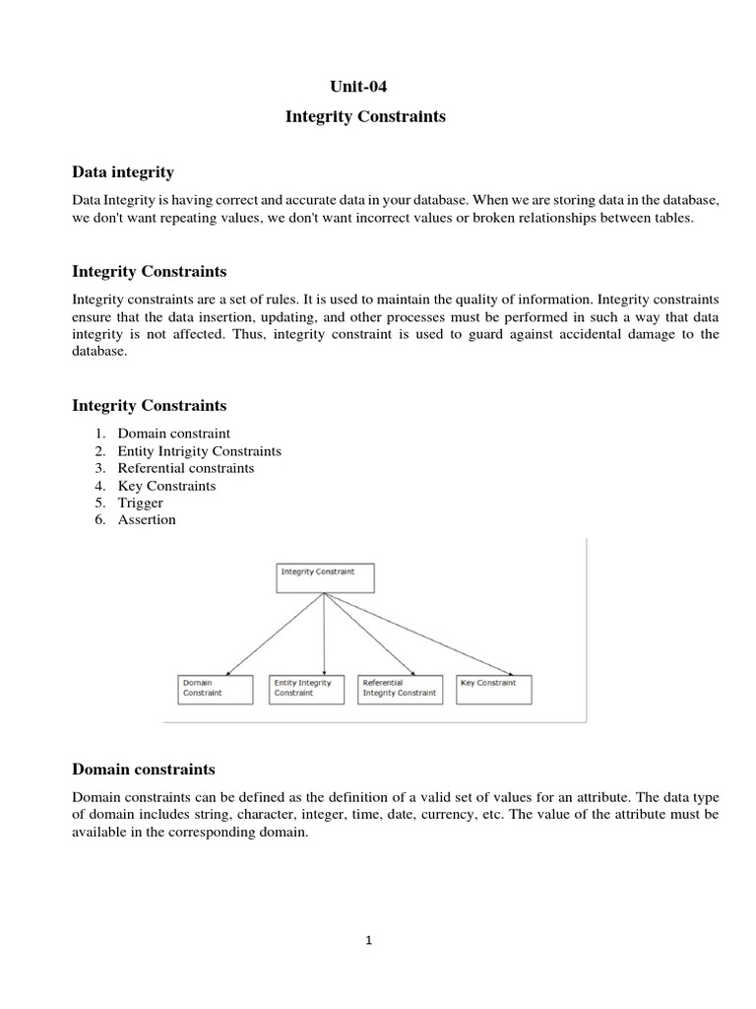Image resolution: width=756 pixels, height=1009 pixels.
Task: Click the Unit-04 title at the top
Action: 365,86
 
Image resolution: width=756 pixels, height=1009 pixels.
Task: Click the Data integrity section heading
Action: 123,172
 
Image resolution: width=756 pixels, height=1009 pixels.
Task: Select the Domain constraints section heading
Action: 144,769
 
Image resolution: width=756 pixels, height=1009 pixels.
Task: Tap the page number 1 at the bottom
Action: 368,940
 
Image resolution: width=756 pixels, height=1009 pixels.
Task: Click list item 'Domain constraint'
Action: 173,433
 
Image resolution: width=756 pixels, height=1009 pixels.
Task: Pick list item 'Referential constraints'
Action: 186,468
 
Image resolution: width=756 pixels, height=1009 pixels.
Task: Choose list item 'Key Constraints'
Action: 166,486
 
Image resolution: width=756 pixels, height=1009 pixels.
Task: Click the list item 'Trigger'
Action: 141,503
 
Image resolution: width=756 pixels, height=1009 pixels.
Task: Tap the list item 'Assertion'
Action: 147,520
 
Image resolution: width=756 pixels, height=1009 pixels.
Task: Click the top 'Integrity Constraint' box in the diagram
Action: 325,577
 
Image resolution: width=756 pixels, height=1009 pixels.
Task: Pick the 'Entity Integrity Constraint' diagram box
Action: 306,688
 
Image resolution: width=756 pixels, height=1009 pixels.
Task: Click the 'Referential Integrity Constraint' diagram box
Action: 399,688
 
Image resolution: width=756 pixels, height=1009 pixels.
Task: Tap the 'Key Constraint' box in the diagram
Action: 494,688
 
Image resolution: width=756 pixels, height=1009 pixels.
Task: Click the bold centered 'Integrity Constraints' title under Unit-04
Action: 365,117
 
